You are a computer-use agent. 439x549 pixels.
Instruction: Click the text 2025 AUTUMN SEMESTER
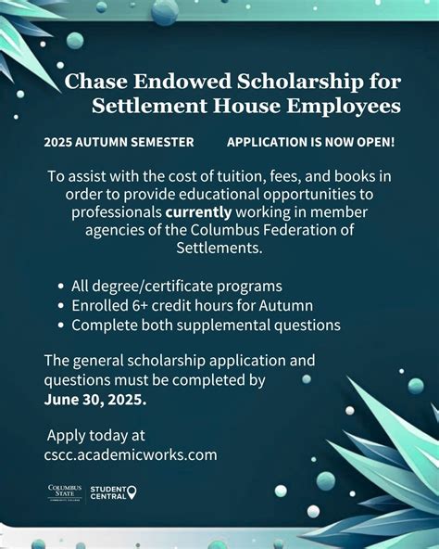(x=119, y=142)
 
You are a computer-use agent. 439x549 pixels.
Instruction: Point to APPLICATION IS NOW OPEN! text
(x=310, y=142)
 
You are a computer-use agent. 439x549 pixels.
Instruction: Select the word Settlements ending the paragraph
(x=219, y=248)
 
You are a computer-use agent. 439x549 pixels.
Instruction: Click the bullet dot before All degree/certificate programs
(x=61, y=287)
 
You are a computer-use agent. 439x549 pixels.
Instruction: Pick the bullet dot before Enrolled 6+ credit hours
(x=61, y=306)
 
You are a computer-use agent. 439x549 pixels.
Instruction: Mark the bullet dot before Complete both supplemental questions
(x=61, y=326)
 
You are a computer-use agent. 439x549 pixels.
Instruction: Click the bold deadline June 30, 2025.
(x=94, y=398)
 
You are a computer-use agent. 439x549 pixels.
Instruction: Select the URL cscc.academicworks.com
(x=131, y=454)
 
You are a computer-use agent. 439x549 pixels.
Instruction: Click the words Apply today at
(x=96, y=435)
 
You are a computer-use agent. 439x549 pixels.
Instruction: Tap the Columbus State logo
(x=65, y=492)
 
